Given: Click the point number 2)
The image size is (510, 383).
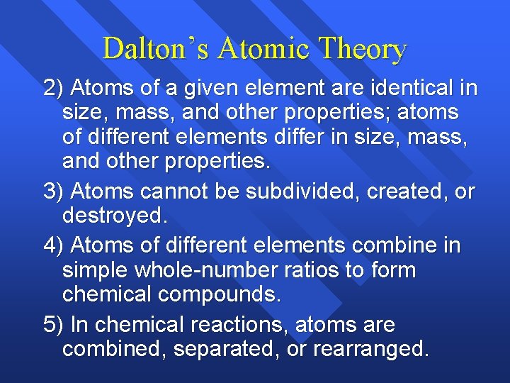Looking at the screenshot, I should pyautogui.click(x=54, y=89).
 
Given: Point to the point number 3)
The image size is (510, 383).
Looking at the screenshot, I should pyautogui.click(x=54, y=191).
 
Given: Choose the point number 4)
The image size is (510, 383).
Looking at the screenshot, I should pyautogui.click(x=54, y=246).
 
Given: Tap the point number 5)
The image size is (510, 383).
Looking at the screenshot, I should pyautogui.click(x=54, y=325).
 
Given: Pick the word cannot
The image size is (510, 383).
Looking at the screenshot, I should pyautogui.click(x=170, y=191).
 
